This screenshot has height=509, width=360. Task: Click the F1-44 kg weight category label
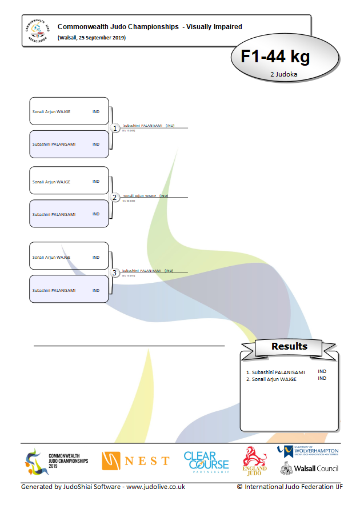pos(275,57)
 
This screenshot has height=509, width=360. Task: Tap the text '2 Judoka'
pos(285,74)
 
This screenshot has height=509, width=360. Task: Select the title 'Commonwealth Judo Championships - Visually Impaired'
pos(150,26)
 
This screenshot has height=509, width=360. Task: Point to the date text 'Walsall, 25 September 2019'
pos(92,38)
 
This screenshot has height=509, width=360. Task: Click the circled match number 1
pos(114,129)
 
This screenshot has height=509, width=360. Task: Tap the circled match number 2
pos(114,198)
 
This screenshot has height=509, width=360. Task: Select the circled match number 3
pos(114,273)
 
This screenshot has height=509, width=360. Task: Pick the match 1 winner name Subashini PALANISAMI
pos(143,125)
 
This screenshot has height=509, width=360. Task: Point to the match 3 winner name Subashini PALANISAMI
pos(143,270)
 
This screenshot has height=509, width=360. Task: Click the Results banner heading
pos(289,346)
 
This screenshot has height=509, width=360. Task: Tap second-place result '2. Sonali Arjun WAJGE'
pos(271,379)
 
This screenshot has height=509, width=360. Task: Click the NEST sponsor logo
pos(135,461)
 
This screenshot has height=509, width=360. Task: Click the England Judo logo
pos(254,461)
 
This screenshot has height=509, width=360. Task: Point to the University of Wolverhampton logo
pos(308,452)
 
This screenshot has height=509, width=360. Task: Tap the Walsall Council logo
pos(309,468)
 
